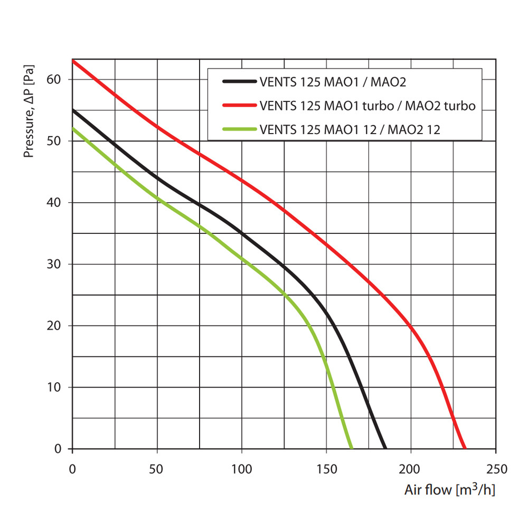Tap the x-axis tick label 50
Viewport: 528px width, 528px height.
(157, 468)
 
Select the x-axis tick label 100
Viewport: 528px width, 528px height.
(241, 468)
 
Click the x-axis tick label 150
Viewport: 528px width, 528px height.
(326, 468)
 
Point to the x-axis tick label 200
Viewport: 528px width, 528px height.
(410, 468)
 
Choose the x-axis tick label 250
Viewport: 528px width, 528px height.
(495, 468)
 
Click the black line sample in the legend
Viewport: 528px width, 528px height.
(239, 82)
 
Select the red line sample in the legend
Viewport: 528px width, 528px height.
(239, 106)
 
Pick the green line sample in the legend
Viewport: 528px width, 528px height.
(239, 129)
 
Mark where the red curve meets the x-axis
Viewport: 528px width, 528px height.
(465, 448)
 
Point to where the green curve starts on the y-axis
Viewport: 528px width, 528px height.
(73, 128)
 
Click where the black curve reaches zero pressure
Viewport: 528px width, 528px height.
(385, 448)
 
